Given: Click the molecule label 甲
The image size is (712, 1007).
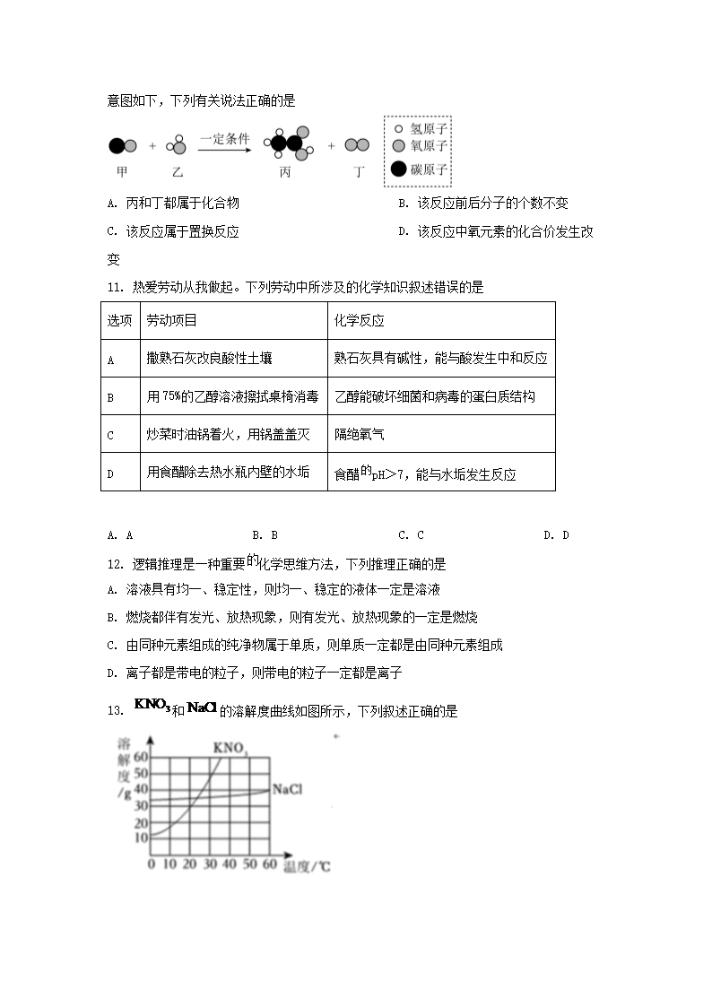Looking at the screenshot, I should click(121, 170).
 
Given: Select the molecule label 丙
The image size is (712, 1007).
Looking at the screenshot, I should click(285, 170).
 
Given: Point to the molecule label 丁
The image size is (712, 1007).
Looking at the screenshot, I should click(359, 170).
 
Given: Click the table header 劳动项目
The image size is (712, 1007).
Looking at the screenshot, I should click(172, 320).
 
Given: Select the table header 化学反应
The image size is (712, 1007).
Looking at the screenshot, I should click(359, 320).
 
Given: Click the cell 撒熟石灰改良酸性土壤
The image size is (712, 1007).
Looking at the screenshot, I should click(210, 358).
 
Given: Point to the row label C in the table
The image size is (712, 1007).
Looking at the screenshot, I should click(110, 436).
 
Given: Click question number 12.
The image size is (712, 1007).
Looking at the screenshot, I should click(114, 565).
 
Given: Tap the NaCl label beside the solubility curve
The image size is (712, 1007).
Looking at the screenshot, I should click(287, 790).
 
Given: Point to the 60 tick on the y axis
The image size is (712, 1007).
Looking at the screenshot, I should click(140, 756).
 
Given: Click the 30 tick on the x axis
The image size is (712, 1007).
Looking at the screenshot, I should click(209, 864).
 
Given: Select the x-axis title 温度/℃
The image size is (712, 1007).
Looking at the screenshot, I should click(307, 866).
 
